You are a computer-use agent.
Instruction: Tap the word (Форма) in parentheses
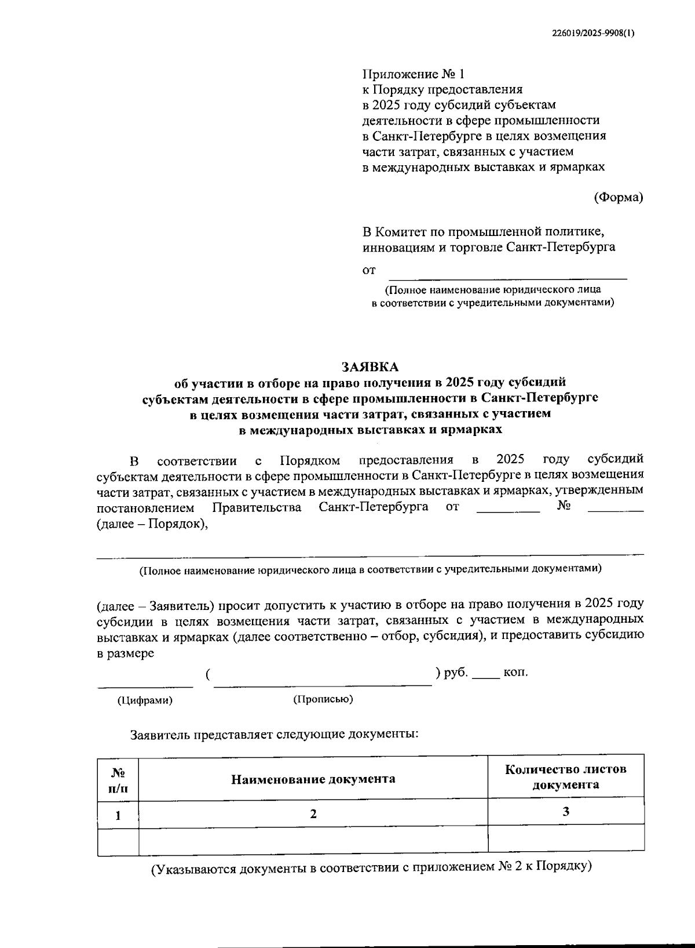(x=619, y=197)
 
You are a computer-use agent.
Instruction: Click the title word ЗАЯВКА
(x=370, y=366)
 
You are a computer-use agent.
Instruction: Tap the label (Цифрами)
(x=145, y=700)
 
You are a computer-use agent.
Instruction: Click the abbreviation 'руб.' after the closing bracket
(x=456, y=673)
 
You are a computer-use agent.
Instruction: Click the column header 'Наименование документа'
(x=313, y=779)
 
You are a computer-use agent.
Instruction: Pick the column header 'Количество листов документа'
(x=566, y=777)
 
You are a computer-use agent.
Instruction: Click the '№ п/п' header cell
(x=118, y=779)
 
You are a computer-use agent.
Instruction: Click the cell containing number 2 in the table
(x=313, y=813)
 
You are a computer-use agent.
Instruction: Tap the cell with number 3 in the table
(x=566, y=812)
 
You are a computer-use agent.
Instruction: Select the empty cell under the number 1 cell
(x=118, y=840)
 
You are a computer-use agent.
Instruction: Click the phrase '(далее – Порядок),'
(x=152, y=524)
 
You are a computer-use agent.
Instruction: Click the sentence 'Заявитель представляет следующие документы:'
(x=274, y=734)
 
